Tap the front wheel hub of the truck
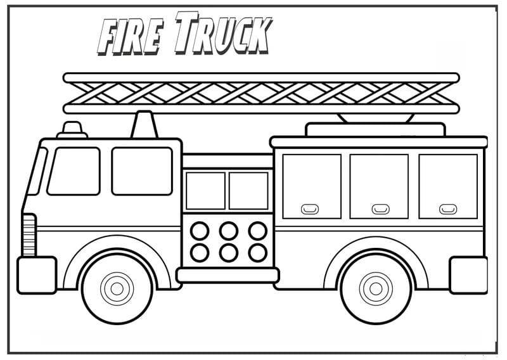pos(117,289)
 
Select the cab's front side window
pos(74,171)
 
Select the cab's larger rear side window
pos(142,171)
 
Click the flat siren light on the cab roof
pos(73,130)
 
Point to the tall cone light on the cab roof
pos(144,124)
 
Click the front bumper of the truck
pos(37,275)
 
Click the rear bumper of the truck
pos(468,275)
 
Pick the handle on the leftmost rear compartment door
pos(311,209)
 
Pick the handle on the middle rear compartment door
pos(380,209)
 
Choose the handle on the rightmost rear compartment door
pos(448,209)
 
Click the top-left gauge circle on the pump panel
pos(200,231)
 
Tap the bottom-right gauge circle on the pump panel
pos(257,252)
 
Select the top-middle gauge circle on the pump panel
pos(229,231)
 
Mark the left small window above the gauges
pos(205,190)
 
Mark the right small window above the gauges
pos(248,190)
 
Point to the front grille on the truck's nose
pos(29,235)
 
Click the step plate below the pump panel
pos(228,274)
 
